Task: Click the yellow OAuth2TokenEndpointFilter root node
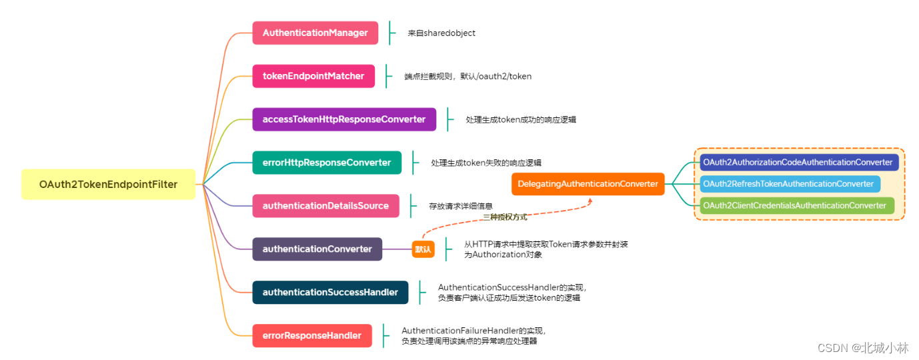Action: coord(108,184)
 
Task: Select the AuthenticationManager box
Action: coord(315,33)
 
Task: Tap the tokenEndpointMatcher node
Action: coord(313,76)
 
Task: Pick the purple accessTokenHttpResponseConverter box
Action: coord(343,119)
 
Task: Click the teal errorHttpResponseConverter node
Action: coord(327,163)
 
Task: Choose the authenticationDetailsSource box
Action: coord(325,206)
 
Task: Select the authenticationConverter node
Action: coord(317,249)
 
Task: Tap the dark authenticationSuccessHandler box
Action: coord(330,292)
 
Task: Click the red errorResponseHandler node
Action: coord(311,335)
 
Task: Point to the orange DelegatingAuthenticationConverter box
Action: coord(588,184)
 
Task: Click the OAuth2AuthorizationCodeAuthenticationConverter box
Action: coord(799,163)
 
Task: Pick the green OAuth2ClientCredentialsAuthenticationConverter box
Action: coord(796,205)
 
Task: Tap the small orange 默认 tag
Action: coord(423,249)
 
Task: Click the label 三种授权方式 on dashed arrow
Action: coord(505,217)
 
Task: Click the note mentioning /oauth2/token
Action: coord(468,76)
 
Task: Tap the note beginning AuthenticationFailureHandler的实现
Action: coord(474,335)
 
